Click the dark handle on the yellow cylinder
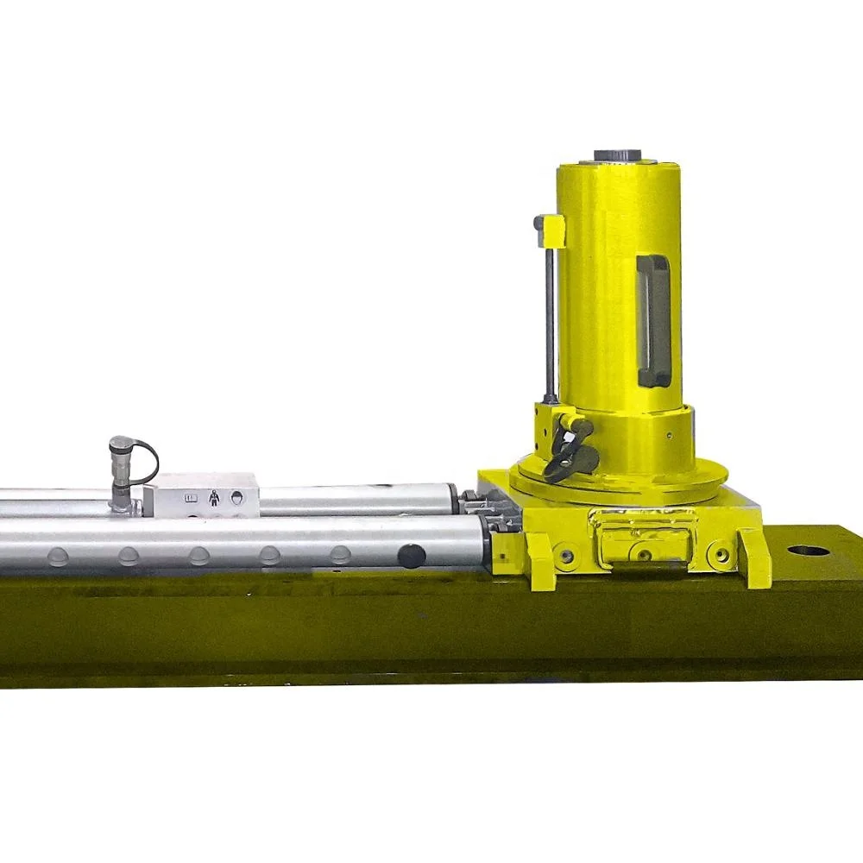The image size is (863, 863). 654,320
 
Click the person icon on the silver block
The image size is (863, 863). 213,498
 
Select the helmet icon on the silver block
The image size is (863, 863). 236,498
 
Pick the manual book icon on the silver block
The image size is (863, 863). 192,498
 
